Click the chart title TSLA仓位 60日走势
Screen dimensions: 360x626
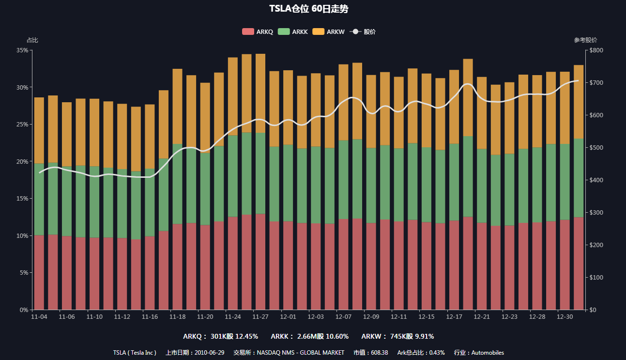[309, 9]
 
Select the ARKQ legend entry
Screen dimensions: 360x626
[258, 31]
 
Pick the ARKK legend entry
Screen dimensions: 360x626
[293, 31]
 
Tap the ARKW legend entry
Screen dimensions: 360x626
[329, 31]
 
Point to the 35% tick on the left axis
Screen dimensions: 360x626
[21, 50]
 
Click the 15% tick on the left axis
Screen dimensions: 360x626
[21, 199]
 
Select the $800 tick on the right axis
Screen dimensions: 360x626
[596, 50]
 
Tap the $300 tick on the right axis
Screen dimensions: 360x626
[596, 213]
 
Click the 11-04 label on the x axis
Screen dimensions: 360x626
[39, 317]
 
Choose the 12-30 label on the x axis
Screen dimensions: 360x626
[565, 317]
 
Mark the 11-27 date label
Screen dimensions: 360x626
[260, 317]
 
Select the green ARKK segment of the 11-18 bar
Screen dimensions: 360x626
[177, 184]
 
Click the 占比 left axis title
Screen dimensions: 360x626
[32, 40]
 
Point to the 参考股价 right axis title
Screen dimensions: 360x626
[585, 40]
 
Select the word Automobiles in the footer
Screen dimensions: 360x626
[488, 353]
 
